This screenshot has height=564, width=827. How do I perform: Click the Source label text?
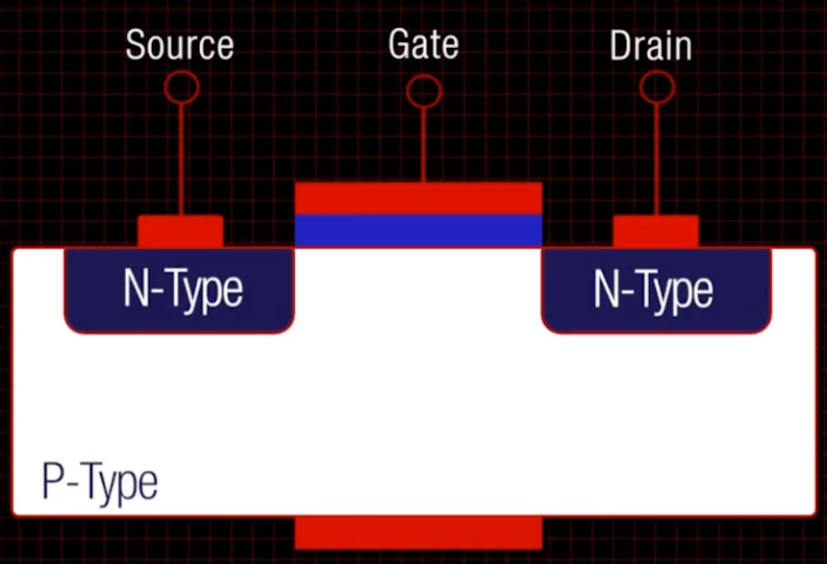[180, 45]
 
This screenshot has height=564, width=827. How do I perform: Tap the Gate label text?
[423, 44]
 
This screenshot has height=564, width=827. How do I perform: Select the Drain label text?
[650, 45]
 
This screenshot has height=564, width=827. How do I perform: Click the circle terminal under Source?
[182, 87]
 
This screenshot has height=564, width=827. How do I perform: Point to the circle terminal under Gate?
[423, 91]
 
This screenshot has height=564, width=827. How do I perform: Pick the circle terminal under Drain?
[657, 87]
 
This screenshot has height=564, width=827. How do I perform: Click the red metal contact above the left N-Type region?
[181, 232]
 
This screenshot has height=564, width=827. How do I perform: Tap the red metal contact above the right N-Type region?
[656, 232]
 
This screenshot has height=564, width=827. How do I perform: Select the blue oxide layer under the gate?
[418, 231]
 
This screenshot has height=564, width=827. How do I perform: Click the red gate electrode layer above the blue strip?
[418, 198]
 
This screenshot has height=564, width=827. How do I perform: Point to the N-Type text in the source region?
[183, 289]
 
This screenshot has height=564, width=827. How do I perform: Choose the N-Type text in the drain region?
[653, 290]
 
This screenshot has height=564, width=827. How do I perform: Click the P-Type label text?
[99, 482]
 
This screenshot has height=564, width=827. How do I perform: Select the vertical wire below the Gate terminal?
[423, 144]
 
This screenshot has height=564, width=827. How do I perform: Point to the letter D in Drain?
[620, 45]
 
